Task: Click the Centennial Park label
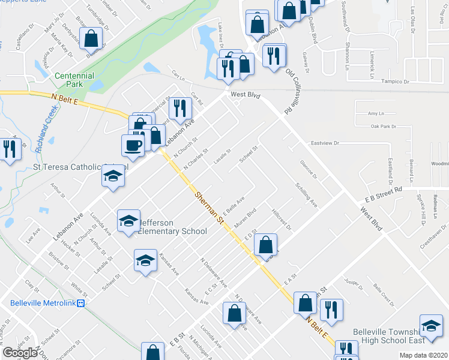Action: click(74, 80)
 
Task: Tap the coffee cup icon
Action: click(133, 145)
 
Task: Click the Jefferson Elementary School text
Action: click(173, 226)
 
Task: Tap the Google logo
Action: click(20, 353)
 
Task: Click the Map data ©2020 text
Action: click(423, 355)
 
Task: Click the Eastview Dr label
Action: click(325, 143)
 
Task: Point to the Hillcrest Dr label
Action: click(281, 219)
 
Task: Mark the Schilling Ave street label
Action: click(306, 193)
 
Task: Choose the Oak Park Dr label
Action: click(384, 127)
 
